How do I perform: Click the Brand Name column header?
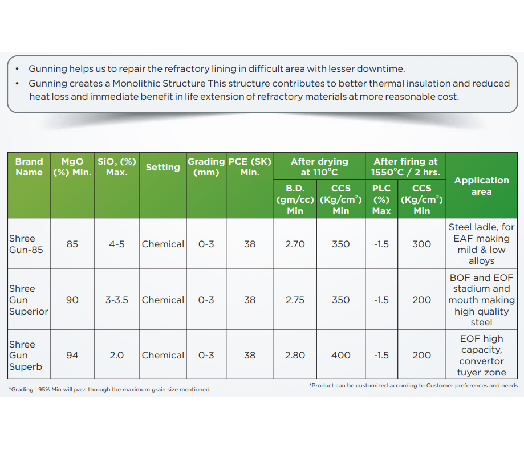coord(29,167)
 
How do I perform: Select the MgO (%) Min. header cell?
coord(72,167)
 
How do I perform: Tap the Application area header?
coord(481,186)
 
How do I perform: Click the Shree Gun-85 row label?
coord(22,244)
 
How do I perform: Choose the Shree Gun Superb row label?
coord(26,356)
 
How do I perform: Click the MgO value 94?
coord(72,355)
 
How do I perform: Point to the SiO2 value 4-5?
coord(116,244)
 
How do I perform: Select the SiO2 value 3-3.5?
coord(116,300)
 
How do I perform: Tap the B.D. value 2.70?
coord(295,244)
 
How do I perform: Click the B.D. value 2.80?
coord(295,355)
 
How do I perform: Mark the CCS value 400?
coord(340,355)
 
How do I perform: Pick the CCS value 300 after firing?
coord(421,244)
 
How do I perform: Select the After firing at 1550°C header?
coord(405,166)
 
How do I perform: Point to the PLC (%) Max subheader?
coord(381,199)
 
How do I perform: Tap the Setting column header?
coord(163,167)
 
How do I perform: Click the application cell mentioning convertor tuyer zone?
coord(481,356)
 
